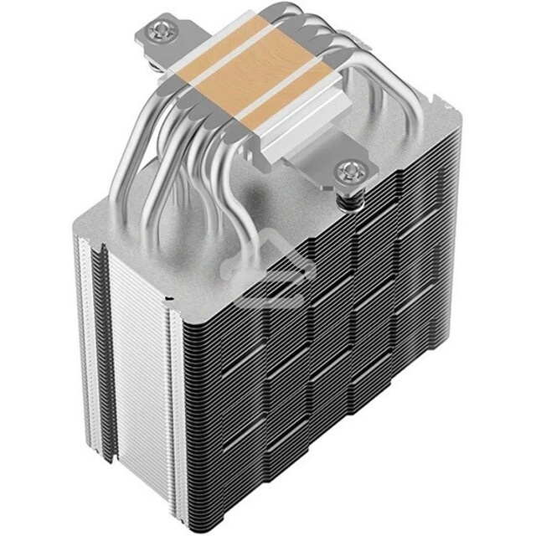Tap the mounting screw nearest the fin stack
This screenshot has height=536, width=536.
348,173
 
